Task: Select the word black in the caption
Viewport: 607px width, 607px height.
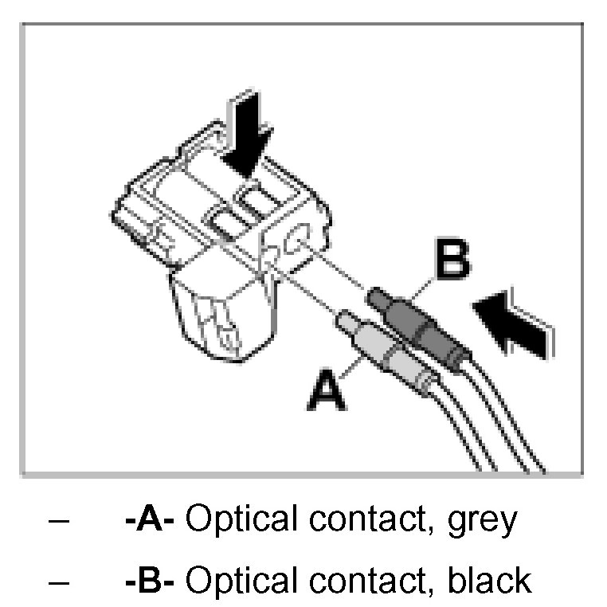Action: [488, 579]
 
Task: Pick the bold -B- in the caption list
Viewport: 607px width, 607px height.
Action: [155, 579]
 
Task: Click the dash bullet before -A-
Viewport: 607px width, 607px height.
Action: [57, 522]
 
